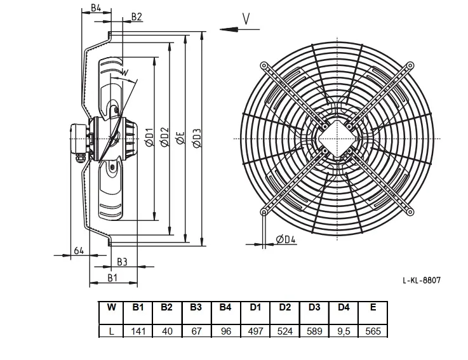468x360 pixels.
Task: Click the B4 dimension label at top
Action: coord(96,8)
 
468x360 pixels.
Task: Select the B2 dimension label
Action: coord(137,17)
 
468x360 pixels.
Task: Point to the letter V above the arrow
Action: coord(246,19)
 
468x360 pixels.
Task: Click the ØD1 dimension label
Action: coord(149,137)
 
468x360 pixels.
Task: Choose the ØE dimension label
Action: coord(180,138)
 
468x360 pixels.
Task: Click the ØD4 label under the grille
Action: coord(286,239)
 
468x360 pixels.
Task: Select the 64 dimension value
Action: coord(79,251)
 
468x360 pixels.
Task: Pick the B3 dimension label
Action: coord(122,262)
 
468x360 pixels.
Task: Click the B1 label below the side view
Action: coord(112,278)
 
